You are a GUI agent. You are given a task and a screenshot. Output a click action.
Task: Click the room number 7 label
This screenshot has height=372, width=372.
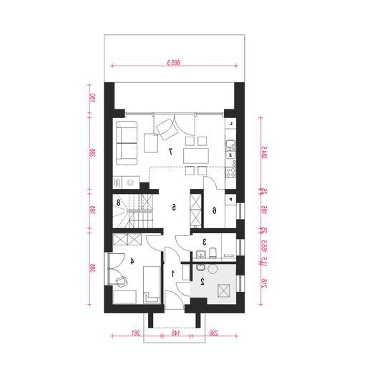171,152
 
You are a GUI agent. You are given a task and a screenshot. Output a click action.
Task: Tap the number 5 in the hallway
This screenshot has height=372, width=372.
174,207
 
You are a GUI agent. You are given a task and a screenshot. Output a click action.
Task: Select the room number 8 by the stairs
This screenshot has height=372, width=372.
119,203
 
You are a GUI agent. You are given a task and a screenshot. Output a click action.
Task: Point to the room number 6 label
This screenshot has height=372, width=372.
215,210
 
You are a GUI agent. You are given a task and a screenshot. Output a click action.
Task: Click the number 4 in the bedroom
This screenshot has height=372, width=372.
133,261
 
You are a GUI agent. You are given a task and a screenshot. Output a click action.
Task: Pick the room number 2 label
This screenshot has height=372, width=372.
202,282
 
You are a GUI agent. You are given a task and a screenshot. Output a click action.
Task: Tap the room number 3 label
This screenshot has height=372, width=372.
203,243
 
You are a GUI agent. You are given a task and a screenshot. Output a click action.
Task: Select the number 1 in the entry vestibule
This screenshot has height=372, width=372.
172,273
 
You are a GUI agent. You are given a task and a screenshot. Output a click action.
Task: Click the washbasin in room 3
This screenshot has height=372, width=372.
201,254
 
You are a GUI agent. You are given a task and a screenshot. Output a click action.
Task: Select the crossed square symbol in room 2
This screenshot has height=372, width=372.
222,290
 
